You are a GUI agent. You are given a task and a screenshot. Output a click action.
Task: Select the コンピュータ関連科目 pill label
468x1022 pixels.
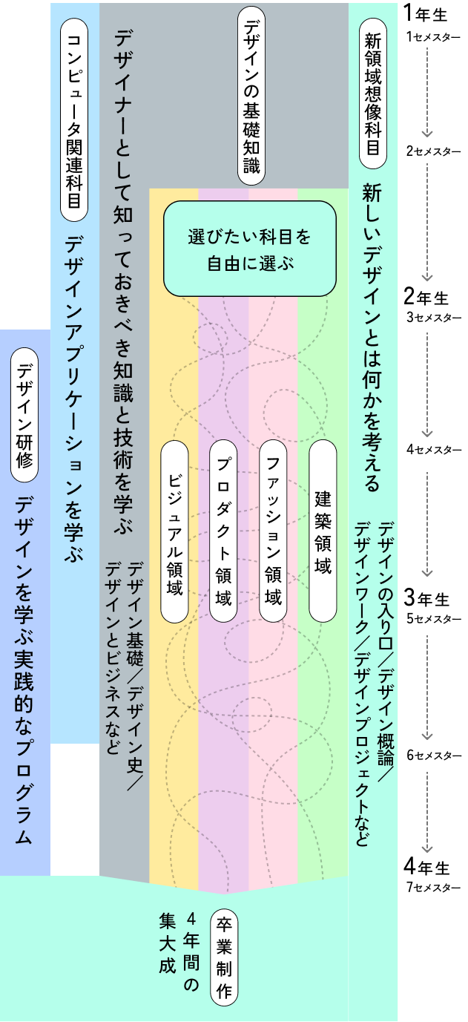pyautogui.click(x=73, y=119)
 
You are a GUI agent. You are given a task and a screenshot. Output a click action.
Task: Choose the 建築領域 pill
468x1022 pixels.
pyautogui.click(x=323, y=531)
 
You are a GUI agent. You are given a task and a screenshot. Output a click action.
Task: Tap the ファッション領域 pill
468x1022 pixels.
pyautogui.click(x=273, y=531)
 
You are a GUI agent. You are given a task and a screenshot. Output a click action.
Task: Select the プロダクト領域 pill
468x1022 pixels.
pyautogui.click(x=223, y=531)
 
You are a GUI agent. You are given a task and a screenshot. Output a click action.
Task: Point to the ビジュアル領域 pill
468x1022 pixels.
pyautogui.click(x=174, y=531)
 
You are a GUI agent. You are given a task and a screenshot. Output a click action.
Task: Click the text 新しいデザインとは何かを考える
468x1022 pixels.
pyautogui.click(x=371, y=338)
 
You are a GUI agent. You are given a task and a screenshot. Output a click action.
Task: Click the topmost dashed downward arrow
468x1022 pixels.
pyautogui.click(x=426, y=93)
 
